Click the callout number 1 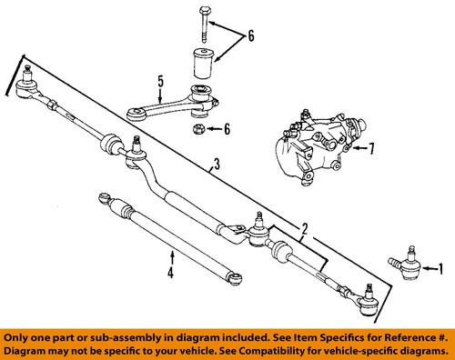(441, 268)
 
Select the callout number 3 (217, 165)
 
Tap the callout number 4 (170, 271)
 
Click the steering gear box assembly (314, 145)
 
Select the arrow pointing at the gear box (357, 147)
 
